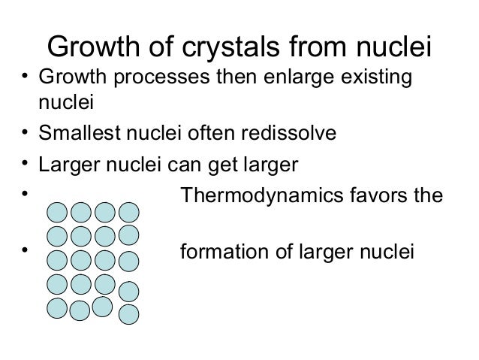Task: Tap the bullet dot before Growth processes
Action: click(26, 78)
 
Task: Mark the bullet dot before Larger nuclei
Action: click(26, 165)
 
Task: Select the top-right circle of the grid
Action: click(130, 212)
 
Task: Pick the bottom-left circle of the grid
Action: click(56, 307)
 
